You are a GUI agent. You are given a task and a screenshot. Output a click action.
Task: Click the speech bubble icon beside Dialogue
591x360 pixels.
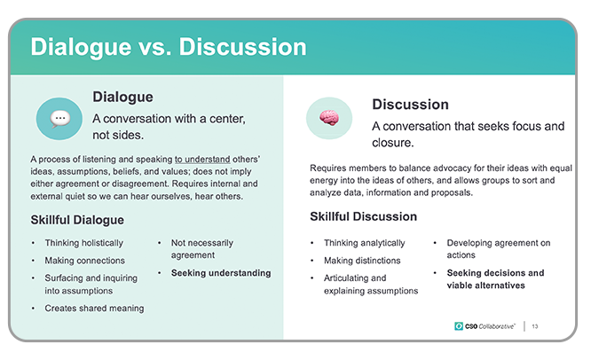click(60, 119)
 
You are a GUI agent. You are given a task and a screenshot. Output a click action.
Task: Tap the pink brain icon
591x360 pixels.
click(329, 118)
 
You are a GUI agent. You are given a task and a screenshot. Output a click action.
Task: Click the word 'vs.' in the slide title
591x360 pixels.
click(154, 47)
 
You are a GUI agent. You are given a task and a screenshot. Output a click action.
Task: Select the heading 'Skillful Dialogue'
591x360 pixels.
click(77, 220)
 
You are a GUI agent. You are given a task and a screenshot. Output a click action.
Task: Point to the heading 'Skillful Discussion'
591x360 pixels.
click(363, 216)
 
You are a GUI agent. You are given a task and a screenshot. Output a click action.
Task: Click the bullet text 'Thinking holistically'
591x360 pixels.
click(84, 243)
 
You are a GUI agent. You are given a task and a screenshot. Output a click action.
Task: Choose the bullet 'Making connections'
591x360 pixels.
click(85, 260)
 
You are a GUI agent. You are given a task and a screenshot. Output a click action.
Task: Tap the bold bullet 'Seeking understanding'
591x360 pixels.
click(221, 272)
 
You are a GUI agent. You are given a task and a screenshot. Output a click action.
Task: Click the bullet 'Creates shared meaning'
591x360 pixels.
click(94, 308)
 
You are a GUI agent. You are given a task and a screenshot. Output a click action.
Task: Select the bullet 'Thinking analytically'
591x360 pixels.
click(365, 243)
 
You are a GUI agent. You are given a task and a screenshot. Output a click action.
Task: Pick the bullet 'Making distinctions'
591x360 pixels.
click(362, 260)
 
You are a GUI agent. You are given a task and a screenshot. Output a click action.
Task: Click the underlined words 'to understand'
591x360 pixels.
click(202, 160)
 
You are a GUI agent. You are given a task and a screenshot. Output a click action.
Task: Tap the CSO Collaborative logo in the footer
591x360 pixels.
click(485, 326)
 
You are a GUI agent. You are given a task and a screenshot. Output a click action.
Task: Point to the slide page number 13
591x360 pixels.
click(535, 326)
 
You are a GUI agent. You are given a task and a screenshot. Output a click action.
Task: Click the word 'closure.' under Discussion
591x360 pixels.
click(393, 143)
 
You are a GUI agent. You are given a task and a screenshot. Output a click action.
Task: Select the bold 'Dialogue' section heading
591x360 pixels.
click(122, 98)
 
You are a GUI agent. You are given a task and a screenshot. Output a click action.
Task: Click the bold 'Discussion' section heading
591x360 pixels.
click(411, 105)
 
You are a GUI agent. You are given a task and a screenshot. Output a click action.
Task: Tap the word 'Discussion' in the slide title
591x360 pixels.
click(243, 47)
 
